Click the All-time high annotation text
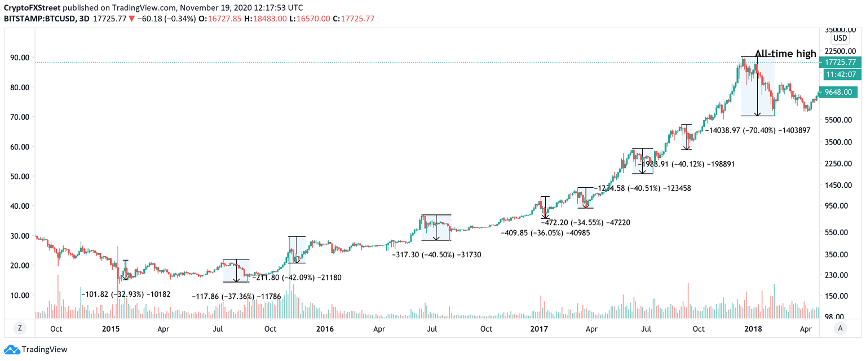(785, 54)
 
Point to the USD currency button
(840, 38)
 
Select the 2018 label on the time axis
(752, 329)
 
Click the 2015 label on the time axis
(109, 329)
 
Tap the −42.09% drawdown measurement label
(297, 278)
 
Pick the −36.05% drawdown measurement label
(545, 232)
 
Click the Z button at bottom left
(19, 328)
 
